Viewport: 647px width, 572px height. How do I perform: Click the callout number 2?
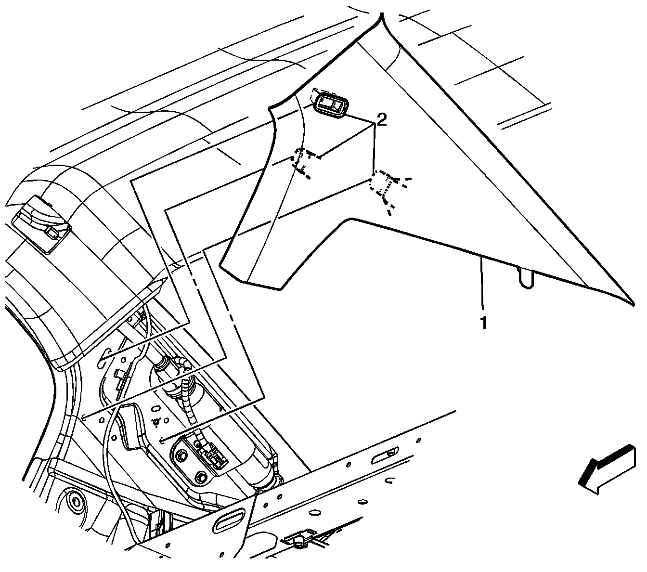point(381,119)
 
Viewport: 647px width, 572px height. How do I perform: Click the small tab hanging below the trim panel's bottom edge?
point(526,279)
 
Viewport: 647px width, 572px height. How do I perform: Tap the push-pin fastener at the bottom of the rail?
point(299,543)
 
